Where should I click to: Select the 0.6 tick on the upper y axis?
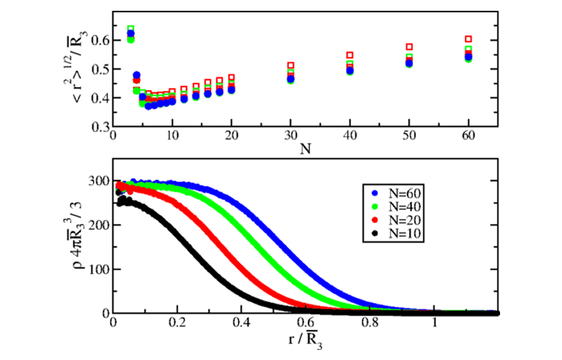tap(97, 40)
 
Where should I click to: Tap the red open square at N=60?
tap(468, 39)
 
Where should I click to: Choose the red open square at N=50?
tap(409, 47)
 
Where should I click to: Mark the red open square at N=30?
tap(291, 66)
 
